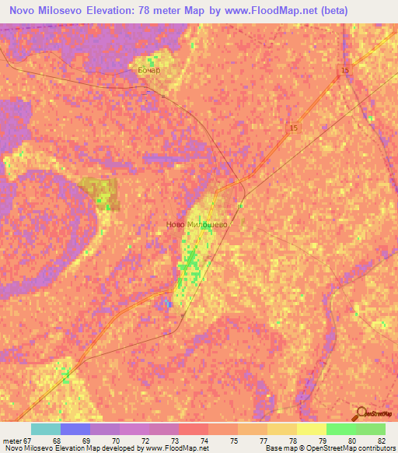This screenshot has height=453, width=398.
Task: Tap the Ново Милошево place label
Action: coord(196,224)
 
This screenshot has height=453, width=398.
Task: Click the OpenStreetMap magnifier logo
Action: coord(361,413)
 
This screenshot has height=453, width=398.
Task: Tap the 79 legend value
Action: coord(313,441)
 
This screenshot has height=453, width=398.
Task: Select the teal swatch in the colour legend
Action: coord(46,429)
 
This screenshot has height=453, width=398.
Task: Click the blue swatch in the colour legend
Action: coord(75,429)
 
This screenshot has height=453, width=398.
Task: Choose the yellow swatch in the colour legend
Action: coord(312,429)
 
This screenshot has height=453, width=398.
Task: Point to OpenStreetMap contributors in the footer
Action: coord(354,449)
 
